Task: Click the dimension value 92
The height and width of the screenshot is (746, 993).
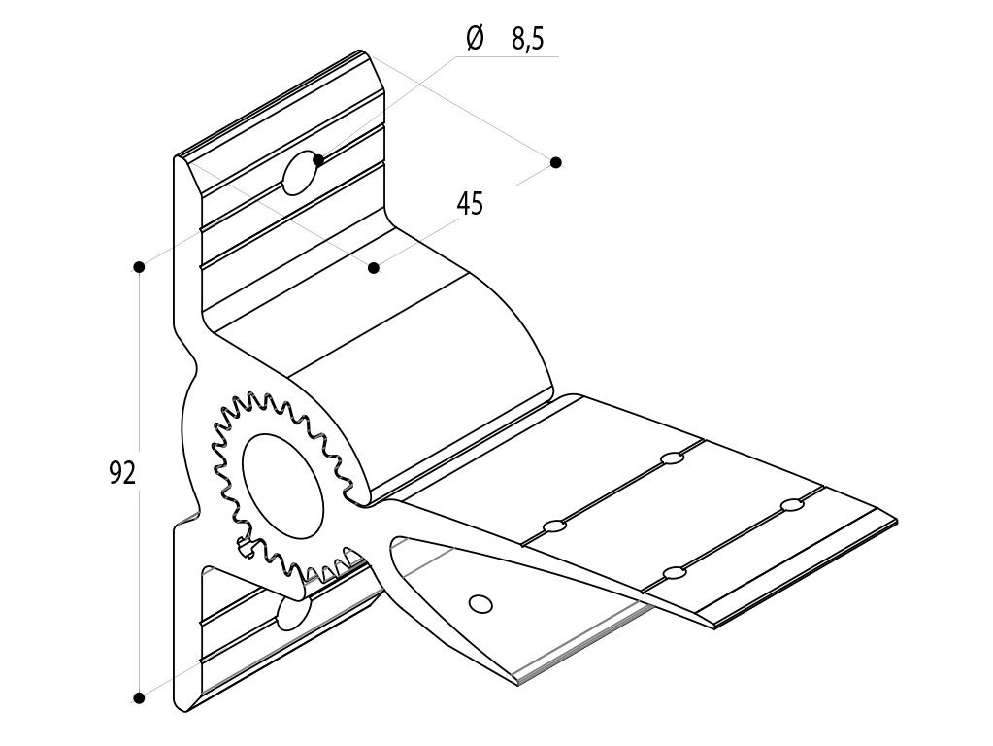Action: (x=122, y=473)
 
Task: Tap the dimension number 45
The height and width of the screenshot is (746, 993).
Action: (x=470, y=204)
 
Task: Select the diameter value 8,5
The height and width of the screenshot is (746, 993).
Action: (x=527, y=39)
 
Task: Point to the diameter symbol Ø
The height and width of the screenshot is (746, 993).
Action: (x=475, y=38)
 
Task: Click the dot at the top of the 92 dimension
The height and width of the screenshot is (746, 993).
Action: (x=140, y=267)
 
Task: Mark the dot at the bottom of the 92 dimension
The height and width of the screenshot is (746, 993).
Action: (x=140, y=697)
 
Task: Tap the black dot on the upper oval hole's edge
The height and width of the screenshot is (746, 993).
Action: (x=318, y=159)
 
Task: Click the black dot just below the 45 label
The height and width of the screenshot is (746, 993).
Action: (x=375, y=267)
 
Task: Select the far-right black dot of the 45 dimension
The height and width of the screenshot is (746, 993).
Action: (x=556, y=162)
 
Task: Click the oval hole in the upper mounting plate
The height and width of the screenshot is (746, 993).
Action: (x=301, y=172)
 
